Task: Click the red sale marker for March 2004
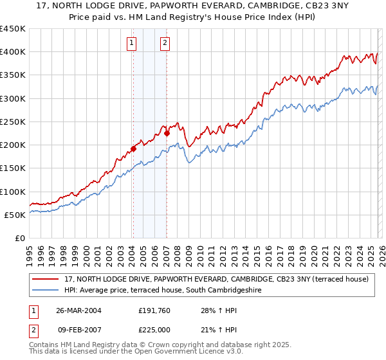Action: point(134,148)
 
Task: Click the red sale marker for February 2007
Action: point(167,133)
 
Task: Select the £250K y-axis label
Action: point(13,122)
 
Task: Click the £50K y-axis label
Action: point(15,215)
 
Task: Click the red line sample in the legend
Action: point(45,279)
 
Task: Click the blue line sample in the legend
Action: point(45,290)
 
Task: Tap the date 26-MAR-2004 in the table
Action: point(78,310)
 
